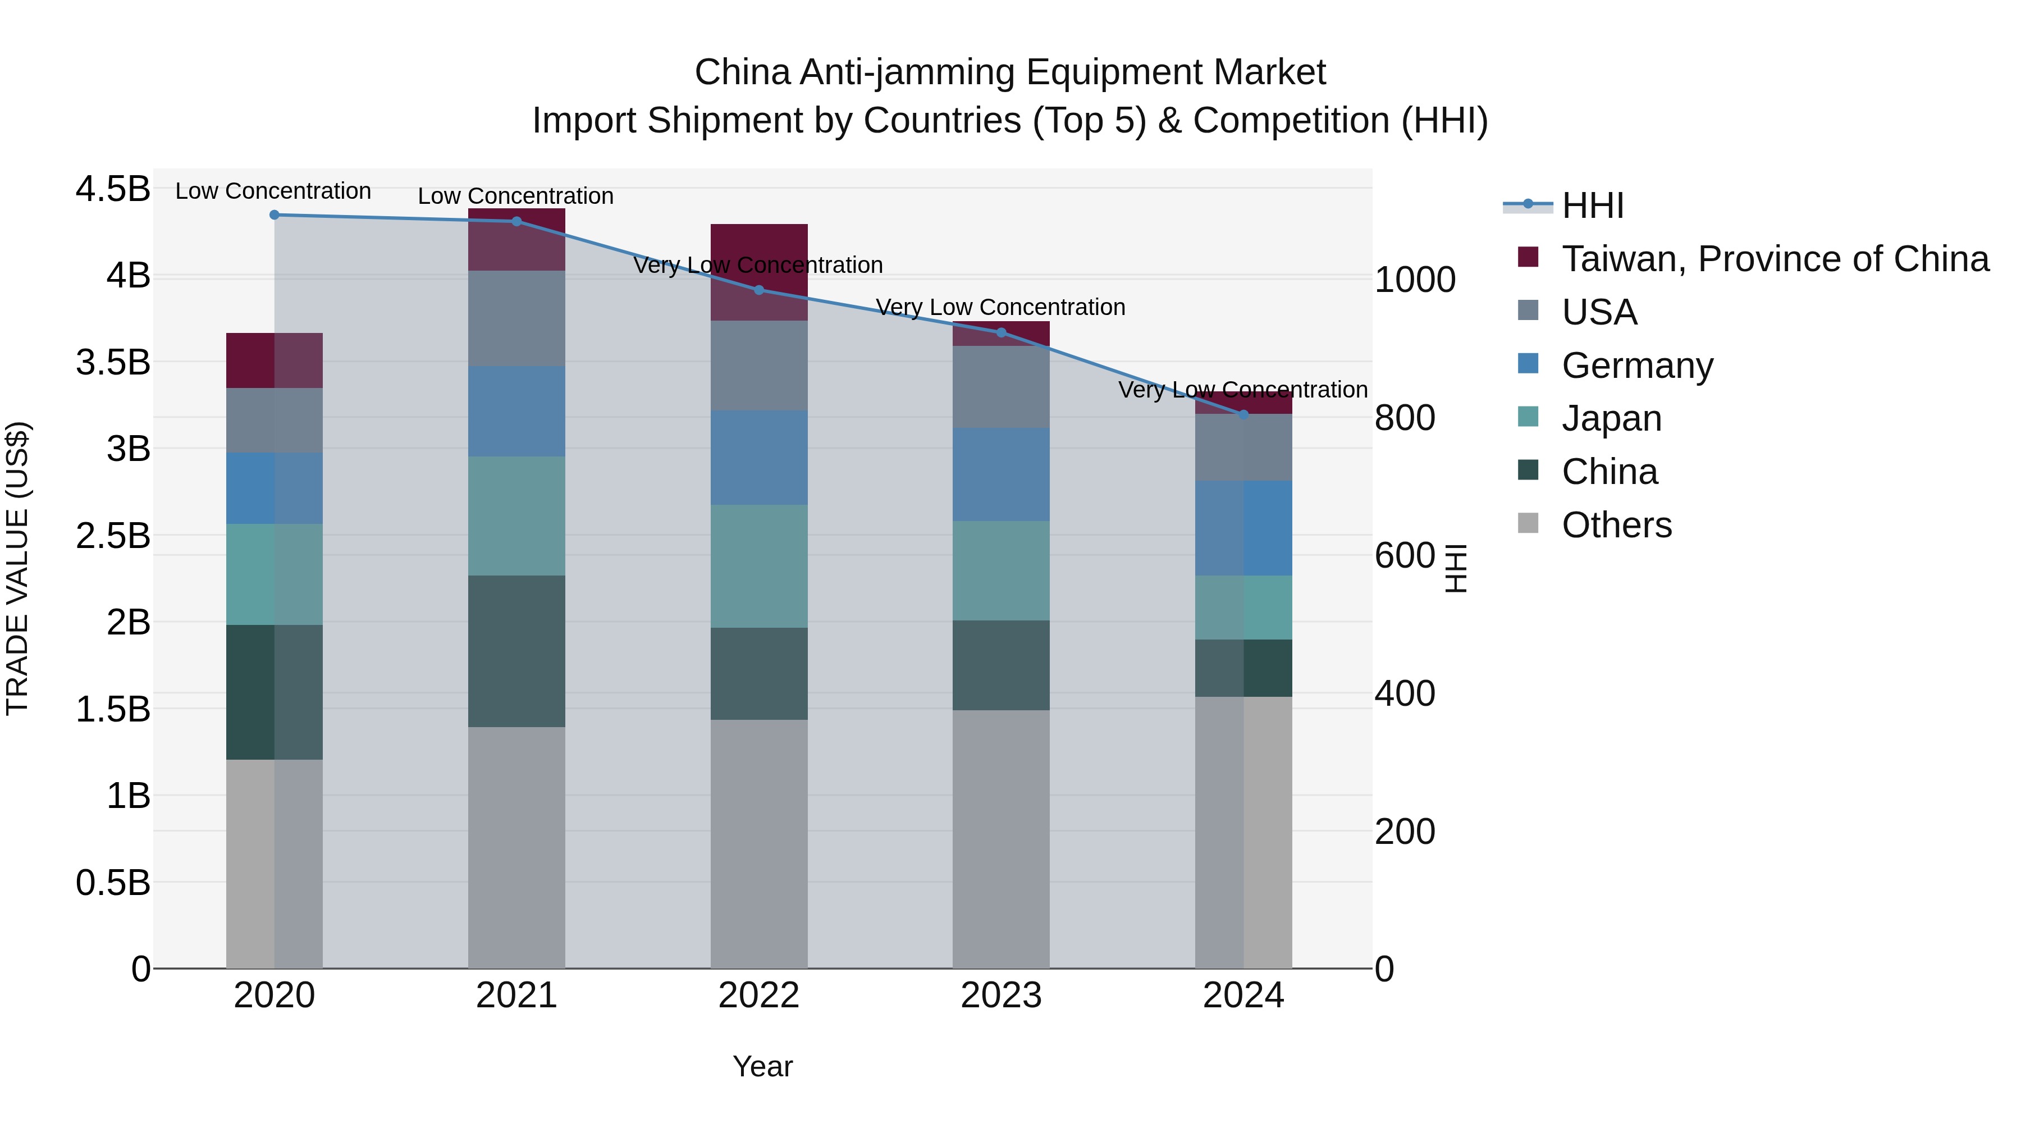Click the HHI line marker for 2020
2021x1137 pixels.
275,215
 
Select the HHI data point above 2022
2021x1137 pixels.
758,290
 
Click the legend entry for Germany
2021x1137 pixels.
1636,366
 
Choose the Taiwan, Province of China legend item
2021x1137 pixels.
1775,259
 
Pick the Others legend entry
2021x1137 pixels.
1616,525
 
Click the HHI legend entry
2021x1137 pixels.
1593,206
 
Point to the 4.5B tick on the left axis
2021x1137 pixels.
112,189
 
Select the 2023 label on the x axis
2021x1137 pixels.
1001,996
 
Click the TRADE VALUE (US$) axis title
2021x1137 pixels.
17,568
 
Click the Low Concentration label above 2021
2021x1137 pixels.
515,196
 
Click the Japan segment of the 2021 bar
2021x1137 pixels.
516,517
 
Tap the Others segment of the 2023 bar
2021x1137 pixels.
1001,839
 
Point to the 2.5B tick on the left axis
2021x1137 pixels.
112,536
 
